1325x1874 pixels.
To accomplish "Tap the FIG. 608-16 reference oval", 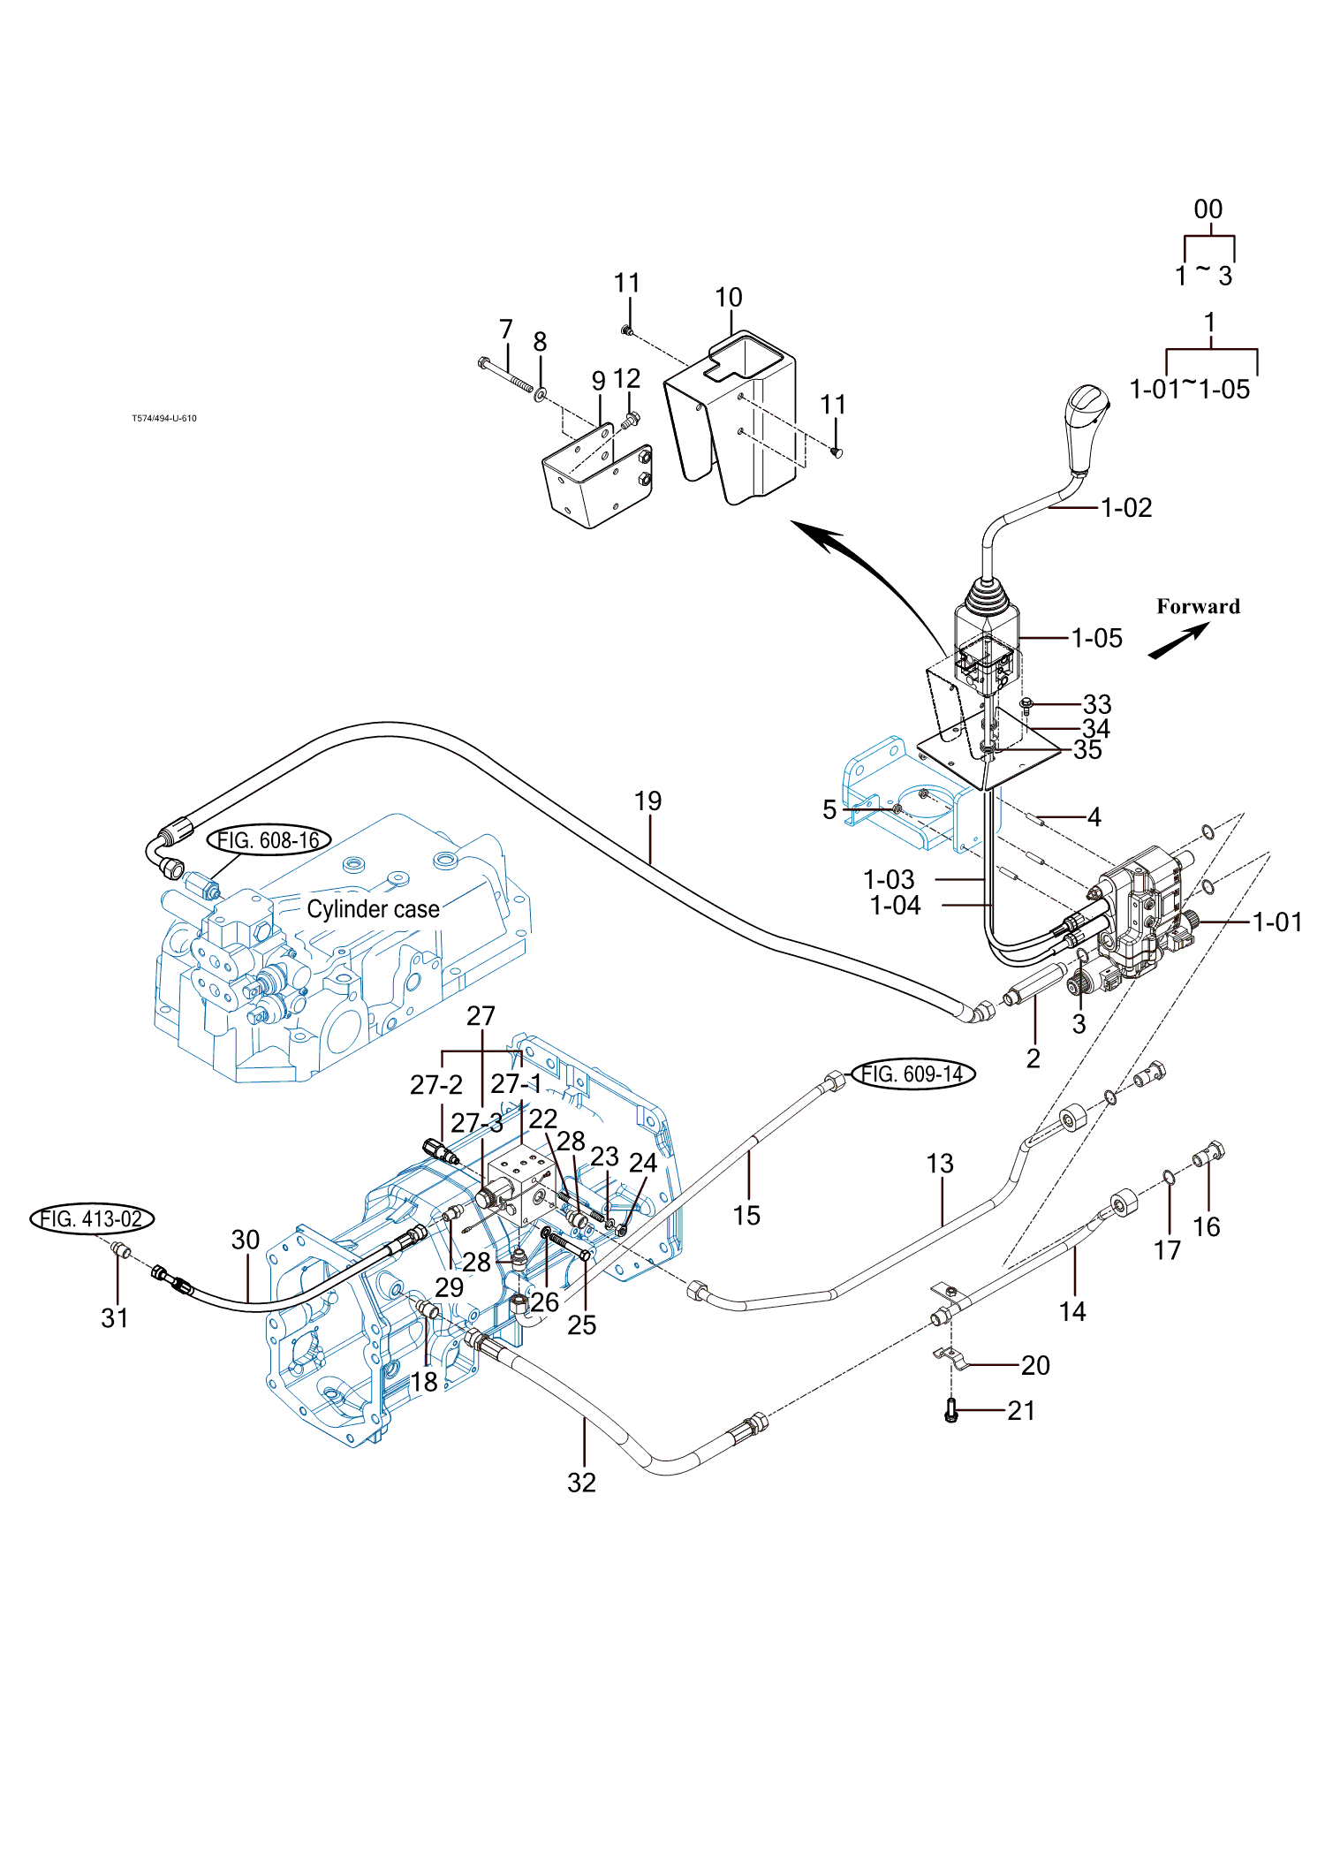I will point(269,839).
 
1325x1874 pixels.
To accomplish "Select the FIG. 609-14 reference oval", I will point(912,1074).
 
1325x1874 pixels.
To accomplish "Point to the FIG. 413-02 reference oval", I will point(92,1219).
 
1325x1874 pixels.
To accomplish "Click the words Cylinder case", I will point(373,909).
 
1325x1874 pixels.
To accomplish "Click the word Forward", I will point(1198,606).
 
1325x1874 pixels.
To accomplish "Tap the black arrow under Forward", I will point(1178,641).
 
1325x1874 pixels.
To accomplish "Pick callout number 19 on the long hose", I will point(647,801).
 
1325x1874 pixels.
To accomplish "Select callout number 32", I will point(581,1483).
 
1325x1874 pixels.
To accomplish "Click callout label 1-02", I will point(1126,508).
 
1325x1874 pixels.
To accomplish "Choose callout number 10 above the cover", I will point(729,298).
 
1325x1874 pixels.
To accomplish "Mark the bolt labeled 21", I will point(951,1410).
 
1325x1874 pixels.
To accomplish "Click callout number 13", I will point(940,1164).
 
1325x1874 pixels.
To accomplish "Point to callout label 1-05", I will point(1096,638).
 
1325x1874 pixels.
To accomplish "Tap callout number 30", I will point(246,1240).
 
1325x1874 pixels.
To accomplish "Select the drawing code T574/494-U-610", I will point(164,419).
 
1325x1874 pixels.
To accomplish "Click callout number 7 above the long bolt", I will point(506,330).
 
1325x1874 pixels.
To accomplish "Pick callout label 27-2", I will point(435,1085).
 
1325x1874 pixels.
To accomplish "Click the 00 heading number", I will point(1208,209).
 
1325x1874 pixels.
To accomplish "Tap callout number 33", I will point(1097,704).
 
